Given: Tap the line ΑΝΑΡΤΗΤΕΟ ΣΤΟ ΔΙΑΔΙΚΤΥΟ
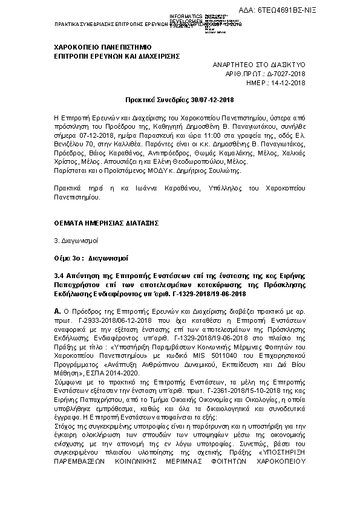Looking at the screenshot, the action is (x=259, y=63).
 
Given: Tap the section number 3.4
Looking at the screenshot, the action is (x=59, y=275).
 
